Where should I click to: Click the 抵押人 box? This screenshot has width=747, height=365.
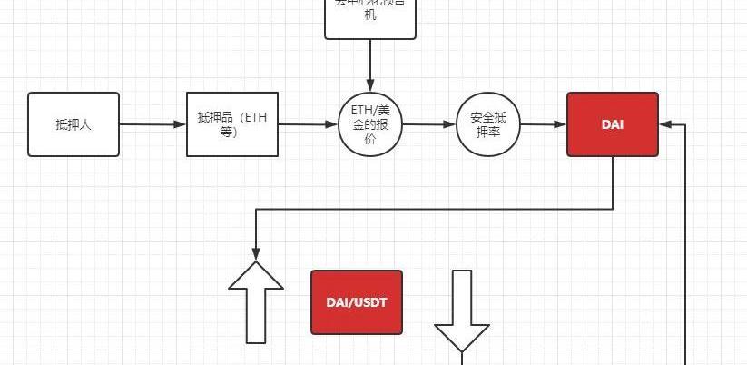coord(74,124)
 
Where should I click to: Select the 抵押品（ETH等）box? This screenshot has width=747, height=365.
coord(231,123)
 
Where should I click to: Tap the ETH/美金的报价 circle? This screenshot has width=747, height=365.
coord(369,123)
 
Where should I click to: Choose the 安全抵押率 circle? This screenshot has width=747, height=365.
coord(488,123)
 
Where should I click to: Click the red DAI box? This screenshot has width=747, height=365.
coord(613,123)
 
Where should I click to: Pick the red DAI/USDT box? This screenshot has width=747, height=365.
coord(357,301)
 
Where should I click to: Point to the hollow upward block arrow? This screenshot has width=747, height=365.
coord(256,303)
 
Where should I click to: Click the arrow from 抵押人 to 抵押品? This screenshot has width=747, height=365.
coord(152,124)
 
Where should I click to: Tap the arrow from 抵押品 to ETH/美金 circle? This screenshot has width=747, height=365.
coord(308,124)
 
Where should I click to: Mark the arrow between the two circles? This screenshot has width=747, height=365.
coord(428,124)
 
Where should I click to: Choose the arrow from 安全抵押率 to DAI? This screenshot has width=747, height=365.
coord(544,124)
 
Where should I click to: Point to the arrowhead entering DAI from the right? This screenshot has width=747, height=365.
coord(666,124)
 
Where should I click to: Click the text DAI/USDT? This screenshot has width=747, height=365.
coord(357,301)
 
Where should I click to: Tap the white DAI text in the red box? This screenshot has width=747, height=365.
coord(613,123)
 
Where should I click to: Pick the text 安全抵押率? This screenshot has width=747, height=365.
coord(488,124)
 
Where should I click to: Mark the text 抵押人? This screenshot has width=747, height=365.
coord(74,124)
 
